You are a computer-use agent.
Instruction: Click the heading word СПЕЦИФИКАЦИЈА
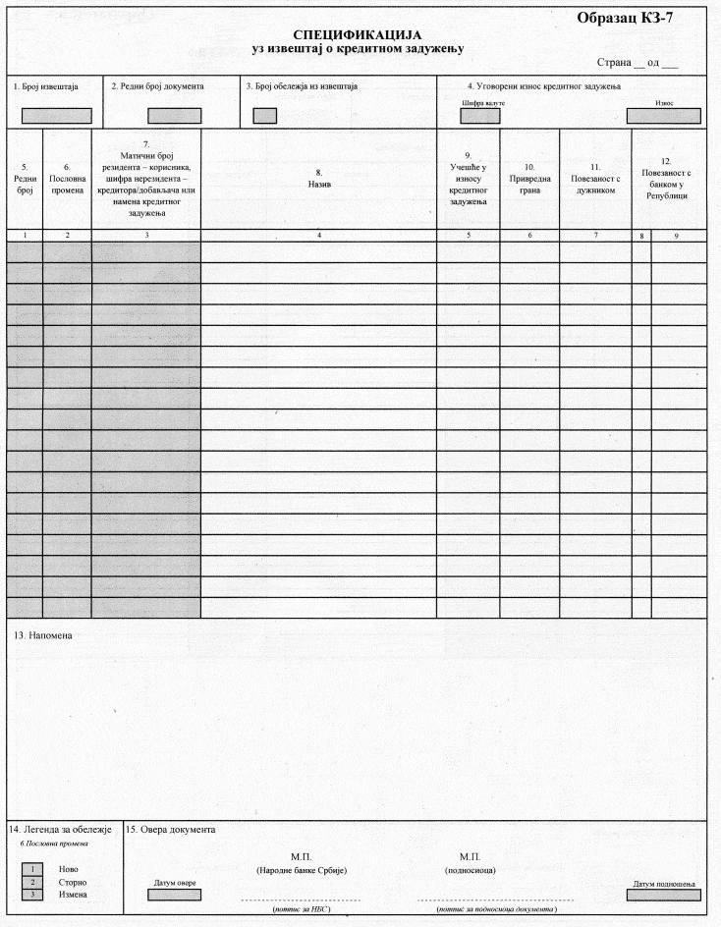tap(357, 34)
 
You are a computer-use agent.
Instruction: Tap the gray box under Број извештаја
tap(56, 115)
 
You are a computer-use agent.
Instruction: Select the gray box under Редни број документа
tap(174, 115)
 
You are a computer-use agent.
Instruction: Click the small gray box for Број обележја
tap(264, 115)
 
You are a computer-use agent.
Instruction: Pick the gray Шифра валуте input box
tap(479, 115)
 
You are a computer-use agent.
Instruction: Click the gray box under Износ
tap(664, 115)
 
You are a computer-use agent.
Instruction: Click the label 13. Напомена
tap(43, 634)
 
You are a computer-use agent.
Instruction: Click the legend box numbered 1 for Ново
tap(33, 869)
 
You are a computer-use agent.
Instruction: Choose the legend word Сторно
tap(74, 882)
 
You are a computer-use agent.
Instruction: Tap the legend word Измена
tap(74, 895)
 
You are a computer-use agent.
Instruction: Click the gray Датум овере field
tap(173, 894)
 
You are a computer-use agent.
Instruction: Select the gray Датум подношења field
tap(664, 894)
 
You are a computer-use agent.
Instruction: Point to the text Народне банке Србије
tap(302, 871)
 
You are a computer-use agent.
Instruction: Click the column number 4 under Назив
tap(318, 236)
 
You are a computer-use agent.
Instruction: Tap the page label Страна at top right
tap(614, 63)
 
